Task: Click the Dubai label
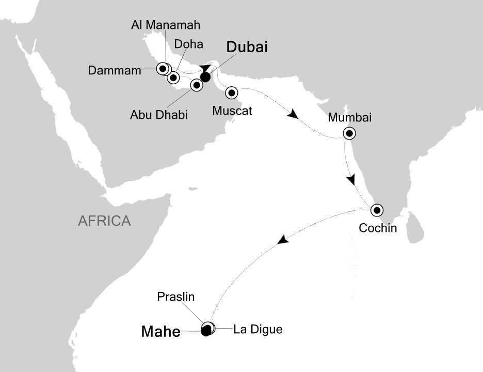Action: [x=248, y=48]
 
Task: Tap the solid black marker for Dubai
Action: [x=205, y=78]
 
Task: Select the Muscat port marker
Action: [x=232, y=93]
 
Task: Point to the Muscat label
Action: [x=232, y=110]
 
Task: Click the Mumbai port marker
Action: [x=349, y=134]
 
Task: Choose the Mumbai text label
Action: [x=349, y=117]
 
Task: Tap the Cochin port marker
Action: [x=377, y=210]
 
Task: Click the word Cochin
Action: [x=378, y=227]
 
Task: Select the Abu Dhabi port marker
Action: [x=196, y=85]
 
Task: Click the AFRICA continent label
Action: [x=104, y=222]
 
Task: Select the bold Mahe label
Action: [x=160, y=332]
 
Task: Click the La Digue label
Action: [x=258, y=329]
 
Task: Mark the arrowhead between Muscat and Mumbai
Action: [x=292, y=114]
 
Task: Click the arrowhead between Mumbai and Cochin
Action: [x=351, y=179]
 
